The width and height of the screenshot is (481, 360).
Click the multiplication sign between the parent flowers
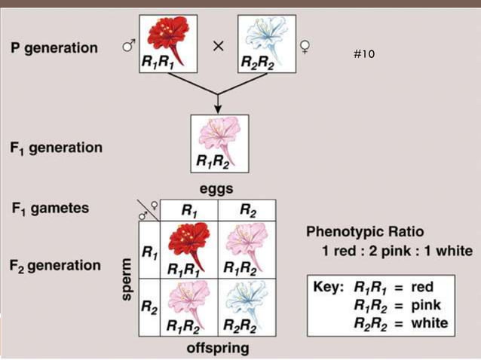click(x=218, y=46)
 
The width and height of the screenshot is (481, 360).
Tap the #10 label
click(x=363, y=54)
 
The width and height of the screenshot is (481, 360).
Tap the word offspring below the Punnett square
click(x=218, y=349)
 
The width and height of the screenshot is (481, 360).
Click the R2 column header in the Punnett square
click(x=247, y=211)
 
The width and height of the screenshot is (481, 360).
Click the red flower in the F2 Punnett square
click(x=187, y=243)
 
